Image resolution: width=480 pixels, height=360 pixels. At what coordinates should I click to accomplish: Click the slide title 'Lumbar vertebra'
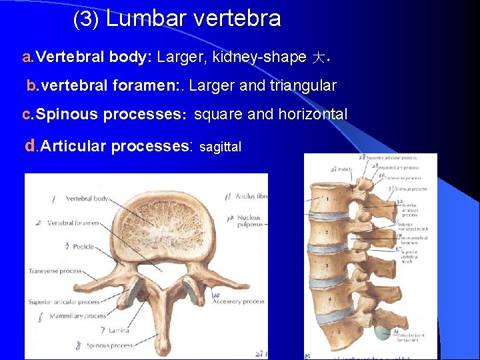tap(193, 19)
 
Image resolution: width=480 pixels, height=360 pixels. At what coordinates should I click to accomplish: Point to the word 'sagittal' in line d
tap(220, 146)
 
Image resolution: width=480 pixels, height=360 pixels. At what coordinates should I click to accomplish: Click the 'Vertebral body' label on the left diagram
tap(87, 199)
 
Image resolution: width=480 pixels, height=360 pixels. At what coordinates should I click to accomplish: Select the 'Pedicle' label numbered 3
tap(84, 246)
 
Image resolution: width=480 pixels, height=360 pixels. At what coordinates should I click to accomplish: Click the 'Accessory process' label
tap(238, 301)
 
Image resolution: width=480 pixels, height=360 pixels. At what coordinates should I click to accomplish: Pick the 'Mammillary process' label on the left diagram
tap(77, 315)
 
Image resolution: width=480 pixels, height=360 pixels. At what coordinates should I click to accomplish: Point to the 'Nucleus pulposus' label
tap(248, 221)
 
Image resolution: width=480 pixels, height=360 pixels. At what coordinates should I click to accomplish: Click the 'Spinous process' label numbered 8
tap(108, 345)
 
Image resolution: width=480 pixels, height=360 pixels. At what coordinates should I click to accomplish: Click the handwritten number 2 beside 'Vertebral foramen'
tap(39, 223)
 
